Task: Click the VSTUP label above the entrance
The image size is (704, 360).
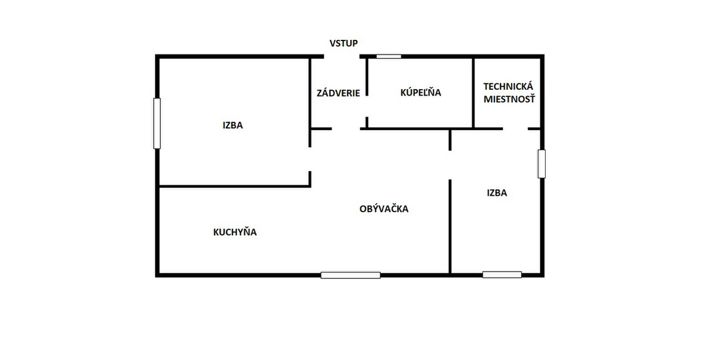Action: pos(344,43)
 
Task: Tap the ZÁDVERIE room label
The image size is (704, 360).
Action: pos(338,93)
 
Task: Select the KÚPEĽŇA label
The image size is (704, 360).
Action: pos(421,92)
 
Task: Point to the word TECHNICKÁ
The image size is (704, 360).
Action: pos(508,86)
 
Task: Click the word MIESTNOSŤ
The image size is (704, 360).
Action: pos(509,99)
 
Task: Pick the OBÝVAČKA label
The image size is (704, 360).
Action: pos(384,209)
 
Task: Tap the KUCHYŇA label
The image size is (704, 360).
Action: pos(235,232)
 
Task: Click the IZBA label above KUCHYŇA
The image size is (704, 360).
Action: pos(232,125)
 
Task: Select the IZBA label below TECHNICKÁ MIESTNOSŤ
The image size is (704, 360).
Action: pos(497,192)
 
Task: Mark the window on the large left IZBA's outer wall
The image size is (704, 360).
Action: pos(157,124)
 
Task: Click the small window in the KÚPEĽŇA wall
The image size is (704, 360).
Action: pos(389,56)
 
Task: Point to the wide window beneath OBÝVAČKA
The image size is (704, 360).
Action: pos(350,275)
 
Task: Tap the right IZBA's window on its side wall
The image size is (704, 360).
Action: pos(541,164)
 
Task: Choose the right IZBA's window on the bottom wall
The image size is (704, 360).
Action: pos(502,275)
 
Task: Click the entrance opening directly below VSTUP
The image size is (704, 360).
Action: pos(341,56)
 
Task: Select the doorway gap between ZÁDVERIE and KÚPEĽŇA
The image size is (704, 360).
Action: pos(367,106)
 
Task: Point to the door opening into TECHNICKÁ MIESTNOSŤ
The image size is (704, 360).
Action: pos(515,128)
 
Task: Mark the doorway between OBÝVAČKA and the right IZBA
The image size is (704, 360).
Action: pos(450,165)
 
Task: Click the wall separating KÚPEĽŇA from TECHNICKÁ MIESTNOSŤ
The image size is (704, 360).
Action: pos(473,93)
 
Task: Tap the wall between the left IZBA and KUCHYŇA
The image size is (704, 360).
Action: pos(235,186)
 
